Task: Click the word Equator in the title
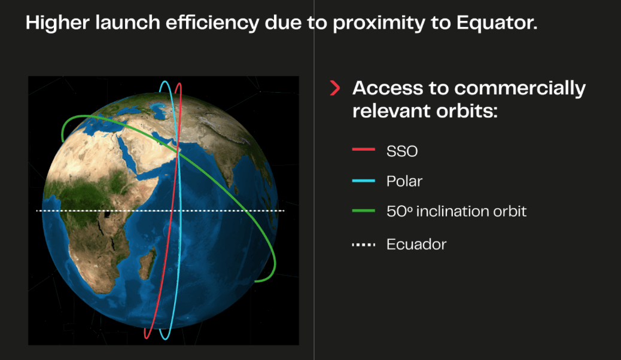pyautogui.click(x=497, y=23)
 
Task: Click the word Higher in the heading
pyautogui.click(x=57, y=23)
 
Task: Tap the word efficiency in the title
pyautogui.click(x=212, y=23)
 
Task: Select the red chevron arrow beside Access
pyautogui.click(x=335, y=88)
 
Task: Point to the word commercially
pyautogui.click(x=520, y=89)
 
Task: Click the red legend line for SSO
pyautogui.click(x=364, y=150)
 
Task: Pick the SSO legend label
pyautogui.click(x=402, y=151)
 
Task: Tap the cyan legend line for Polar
pyautogui.click(x=364, y=181)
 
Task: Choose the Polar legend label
pyautogui.click(x=404, y=181)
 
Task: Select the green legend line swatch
pyautogui.click(x=364, y=210)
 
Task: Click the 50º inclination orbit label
pyautogui.click(x=456, y=211)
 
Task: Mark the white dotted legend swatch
pyautogui.click(x=364, y=245)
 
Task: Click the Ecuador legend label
pyautogui.click(x=416, y=245)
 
